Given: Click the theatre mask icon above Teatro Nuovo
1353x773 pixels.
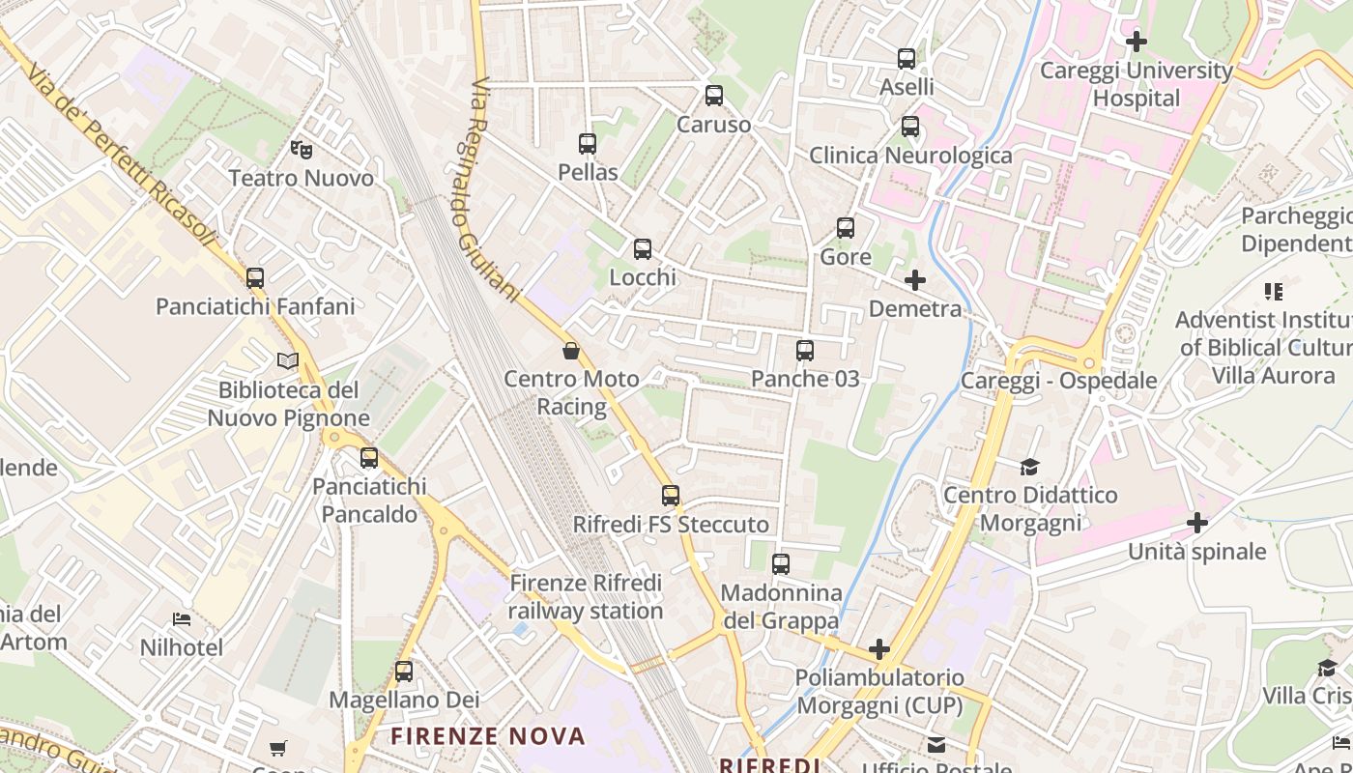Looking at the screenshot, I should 302,150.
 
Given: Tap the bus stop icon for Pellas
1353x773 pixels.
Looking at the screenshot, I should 587,144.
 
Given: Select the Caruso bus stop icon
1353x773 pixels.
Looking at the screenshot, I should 714,96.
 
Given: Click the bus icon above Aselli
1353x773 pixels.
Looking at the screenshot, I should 907,59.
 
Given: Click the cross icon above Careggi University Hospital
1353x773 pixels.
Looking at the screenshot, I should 1137,42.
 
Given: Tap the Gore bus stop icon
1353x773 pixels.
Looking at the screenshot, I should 846,229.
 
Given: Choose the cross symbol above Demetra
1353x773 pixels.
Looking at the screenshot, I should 914,281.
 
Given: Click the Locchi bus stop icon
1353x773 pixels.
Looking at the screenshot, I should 643,249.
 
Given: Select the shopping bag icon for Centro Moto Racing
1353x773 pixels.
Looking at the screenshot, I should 571,351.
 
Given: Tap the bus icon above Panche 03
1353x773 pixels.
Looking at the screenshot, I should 805,351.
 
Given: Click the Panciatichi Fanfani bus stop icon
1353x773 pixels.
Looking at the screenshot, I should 255,278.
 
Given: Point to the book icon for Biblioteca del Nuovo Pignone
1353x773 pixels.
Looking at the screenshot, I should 288,361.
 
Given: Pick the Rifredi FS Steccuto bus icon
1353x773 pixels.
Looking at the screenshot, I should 671,496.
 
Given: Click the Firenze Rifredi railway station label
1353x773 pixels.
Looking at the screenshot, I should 586,597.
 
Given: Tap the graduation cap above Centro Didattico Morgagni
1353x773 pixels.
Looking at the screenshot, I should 1029,468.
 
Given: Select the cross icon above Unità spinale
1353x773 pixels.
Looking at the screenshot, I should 1197,524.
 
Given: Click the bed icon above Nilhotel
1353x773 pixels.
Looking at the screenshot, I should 182,619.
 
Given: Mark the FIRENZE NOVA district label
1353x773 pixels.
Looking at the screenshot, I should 488,736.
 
